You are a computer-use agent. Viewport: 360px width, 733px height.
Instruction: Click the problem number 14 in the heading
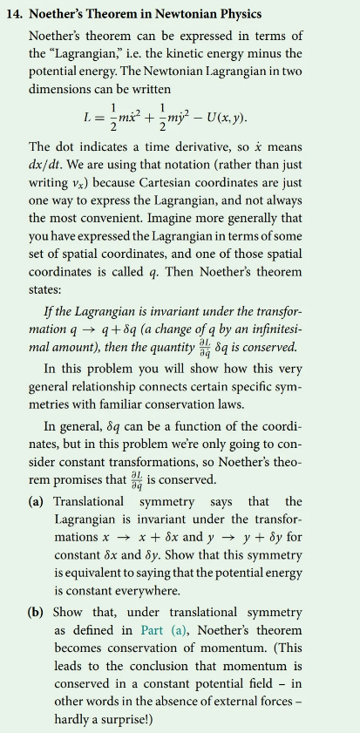(x=15, y=14)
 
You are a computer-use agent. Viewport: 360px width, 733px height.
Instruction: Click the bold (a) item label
(x=38, y=501)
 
